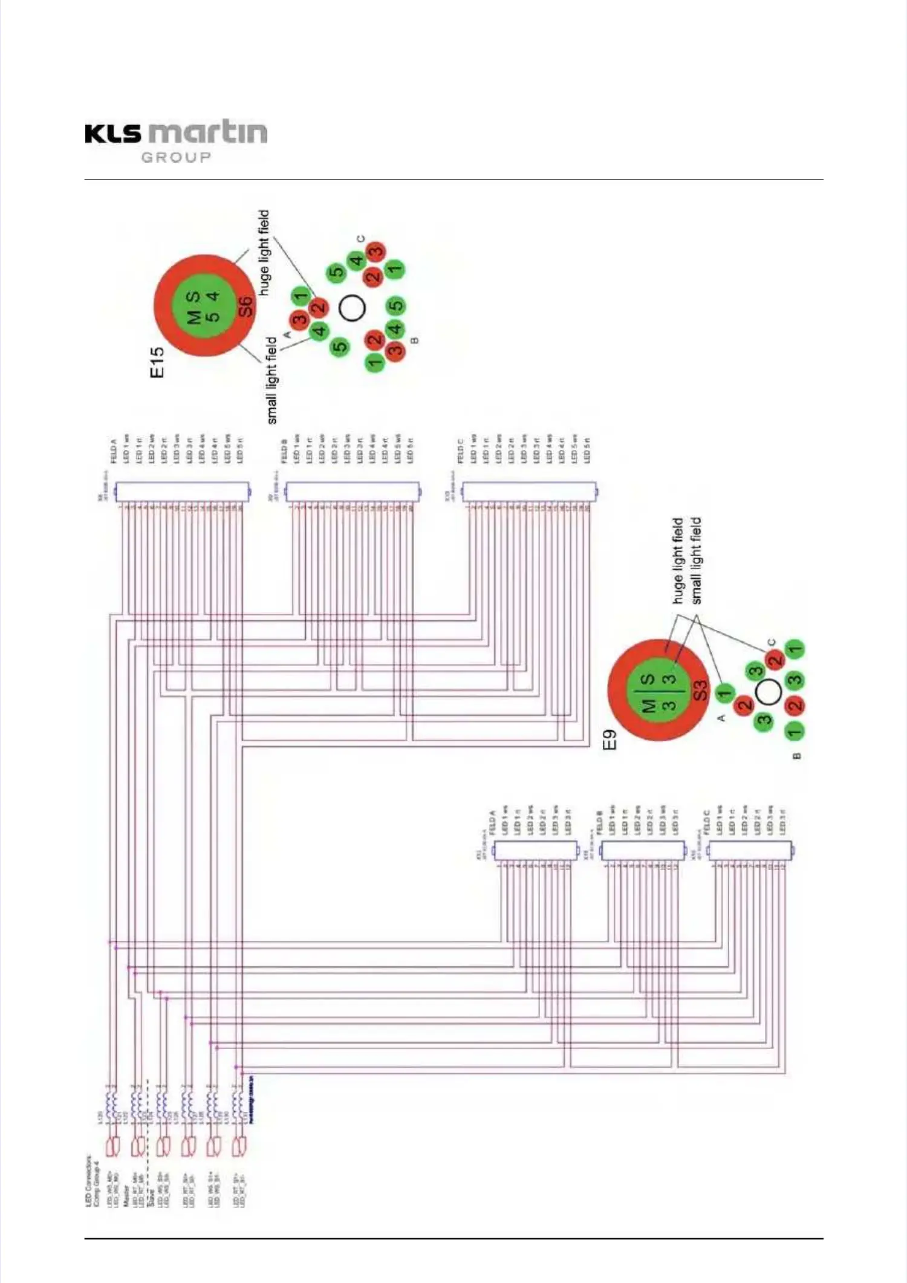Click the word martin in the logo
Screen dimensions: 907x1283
[208, 132]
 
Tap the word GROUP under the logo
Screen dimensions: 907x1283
[176, 158]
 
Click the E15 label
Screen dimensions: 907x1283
[157, 362]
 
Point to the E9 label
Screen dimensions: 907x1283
[610, 739]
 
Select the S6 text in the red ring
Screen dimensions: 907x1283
[245, 307]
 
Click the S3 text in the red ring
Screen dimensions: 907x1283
[699, 690]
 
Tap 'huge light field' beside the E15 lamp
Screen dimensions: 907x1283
[264, 253]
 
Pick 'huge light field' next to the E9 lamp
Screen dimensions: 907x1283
[678, 560]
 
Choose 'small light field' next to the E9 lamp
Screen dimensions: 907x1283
[696, 560]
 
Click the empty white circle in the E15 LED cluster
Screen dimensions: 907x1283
[352, 308]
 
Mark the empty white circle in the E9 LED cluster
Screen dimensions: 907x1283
[769, 692]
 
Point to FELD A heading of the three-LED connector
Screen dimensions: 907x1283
[492, 822]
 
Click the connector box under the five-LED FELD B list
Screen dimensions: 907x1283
[352, 492]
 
